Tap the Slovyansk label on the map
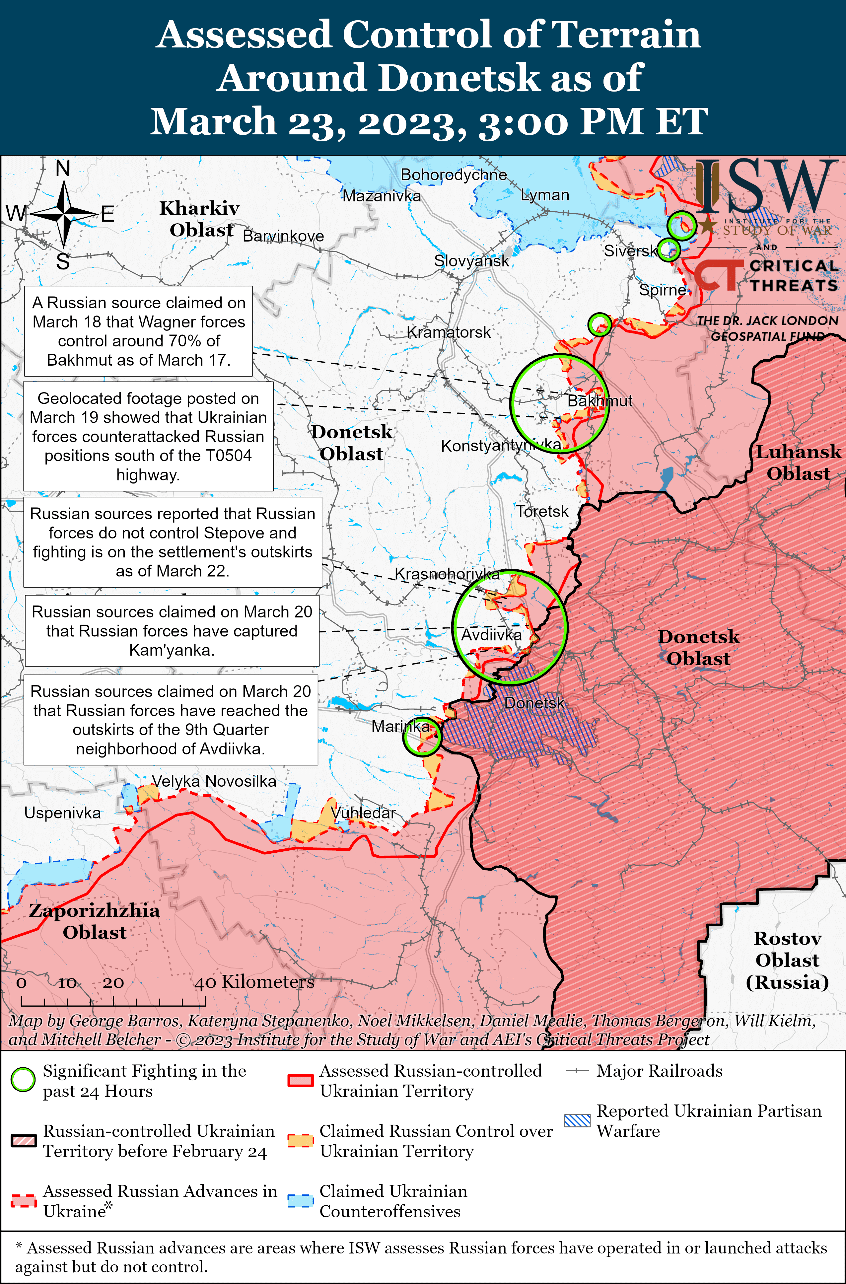(x=471, y=261)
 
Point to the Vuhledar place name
(x=363, y=813)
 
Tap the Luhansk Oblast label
(x=798, y=463)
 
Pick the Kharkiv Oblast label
(x=200, y=219)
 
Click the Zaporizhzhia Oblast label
(x=95, y=921)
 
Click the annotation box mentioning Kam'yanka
(x=172, y=631)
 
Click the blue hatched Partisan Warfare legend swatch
(x=577, y=1120)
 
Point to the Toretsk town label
(x=542, y=511)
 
